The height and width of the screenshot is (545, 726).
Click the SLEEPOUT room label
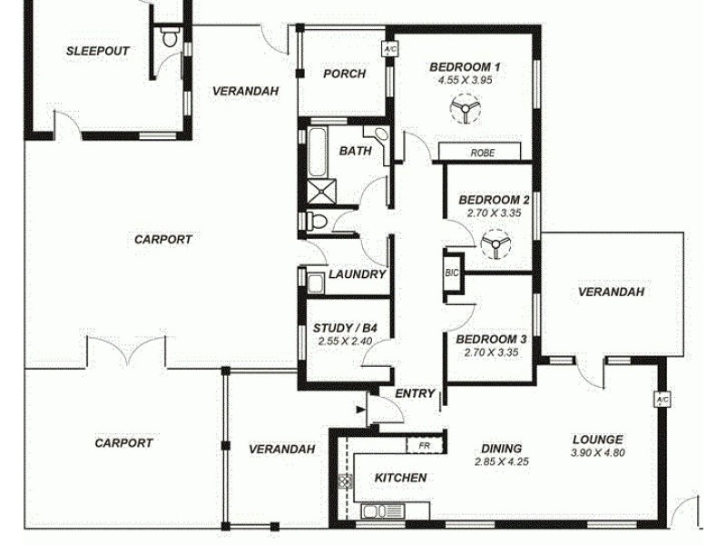pyautogui.click(x=97, y=51)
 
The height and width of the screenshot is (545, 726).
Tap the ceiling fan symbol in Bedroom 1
pyautogui.click(x=464, y=112)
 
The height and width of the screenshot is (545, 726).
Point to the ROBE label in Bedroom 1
pyautogui.click(x=482, y=153)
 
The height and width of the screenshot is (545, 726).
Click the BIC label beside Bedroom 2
pyautogui.click(x=451, y=272)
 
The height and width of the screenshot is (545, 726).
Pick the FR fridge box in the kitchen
pyautogui.click(x=423, y=445)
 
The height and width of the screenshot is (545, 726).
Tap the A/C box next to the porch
pyautogui.click(x=389, y=48)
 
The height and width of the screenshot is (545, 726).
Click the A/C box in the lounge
pyautogui.click(x=661, y=400)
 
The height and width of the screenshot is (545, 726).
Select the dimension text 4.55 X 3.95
pyautogui.click(x=465, y=80)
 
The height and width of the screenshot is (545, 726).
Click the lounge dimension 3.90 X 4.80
pyautogui.click(x=597, y=453)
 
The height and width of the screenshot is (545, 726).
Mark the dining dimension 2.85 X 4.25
pyautogui.click(x=501, y=461)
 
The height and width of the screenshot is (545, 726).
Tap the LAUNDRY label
pyautogui.click(x=358, y=274)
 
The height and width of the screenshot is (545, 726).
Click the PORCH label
pyautogui.click(x=345, y=74)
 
